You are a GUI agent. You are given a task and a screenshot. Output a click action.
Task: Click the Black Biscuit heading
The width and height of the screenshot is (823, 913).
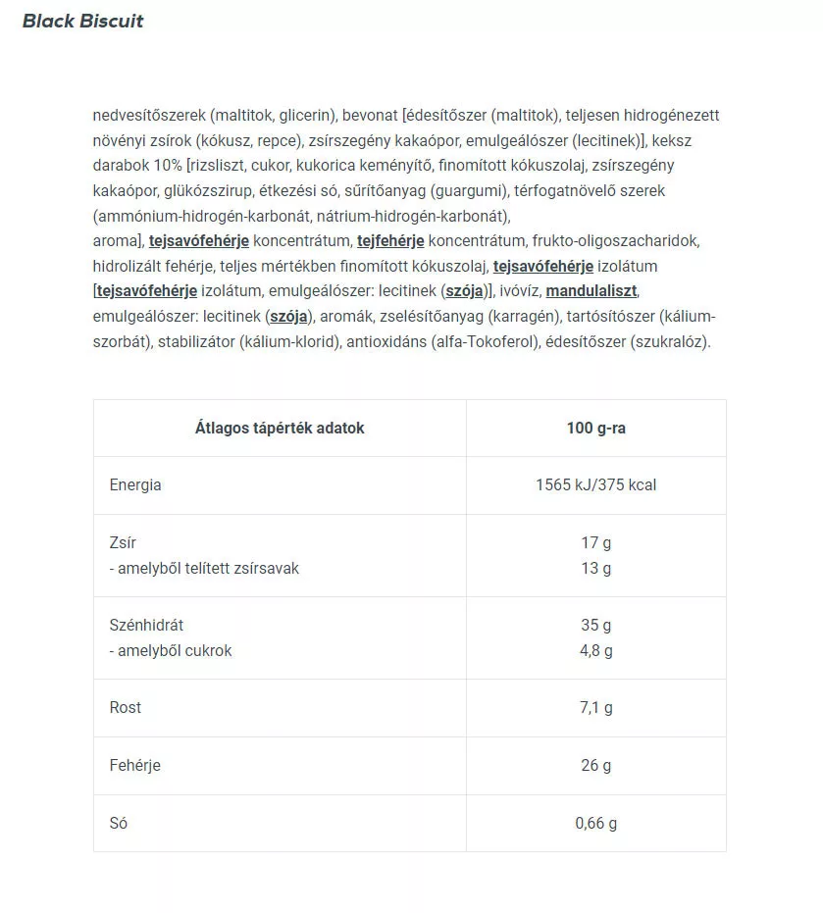point(83,21)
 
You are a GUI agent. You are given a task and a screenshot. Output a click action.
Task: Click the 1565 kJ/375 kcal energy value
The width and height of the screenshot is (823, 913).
point(595,484)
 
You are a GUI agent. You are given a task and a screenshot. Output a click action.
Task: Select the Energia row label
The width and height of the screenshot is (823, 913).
point(135,484)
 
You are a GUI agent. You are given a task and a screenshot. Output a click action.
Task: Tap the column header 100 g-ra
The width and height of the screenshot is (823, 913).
point(595,428)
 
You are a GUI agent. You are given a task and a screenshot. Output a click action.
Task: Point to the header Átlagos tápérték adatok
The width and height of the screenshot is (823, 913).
point(280,428)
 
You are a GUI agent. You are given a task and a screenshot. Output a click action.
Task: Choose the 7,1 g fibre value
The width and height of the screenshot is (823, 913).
point(595,707)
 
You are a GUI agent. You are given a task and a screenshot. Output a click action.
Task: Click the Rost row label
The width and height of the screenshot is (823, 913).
point(126,707)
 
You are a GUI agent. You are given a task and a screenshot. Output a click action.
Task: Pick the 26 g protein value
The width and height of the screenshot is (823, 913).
point(595,765)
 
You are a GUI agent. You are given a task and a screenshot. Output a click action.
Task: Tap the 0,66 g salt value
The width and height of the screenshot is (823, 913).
point(595,823)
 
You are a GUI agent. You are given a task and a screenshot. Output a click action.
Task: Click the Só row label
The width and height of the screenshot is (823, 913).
point(119,823)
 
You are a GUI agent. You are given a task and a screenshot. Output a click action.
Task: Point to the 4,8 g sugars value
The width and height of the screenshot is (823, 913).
point(595,650)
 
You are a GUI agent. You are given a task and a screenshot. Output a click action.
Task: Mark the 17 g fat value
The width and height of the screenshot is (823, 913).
point(595,542)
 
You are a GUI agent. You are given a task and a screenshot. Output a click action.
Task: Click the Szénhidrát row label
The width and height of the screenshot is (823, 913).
point(146,625)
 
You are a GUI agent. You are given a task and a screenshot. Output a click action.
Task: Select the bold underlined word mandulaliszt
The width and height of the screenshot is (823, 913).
point(592,291)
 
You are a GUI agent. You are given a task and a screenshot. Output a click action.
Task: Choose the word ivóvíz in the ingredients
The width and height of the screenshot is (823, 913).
point(520,291)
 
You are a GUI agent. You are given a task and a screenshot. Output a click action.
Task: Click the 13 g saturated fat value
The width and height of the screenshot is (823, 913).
point(595,568)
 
